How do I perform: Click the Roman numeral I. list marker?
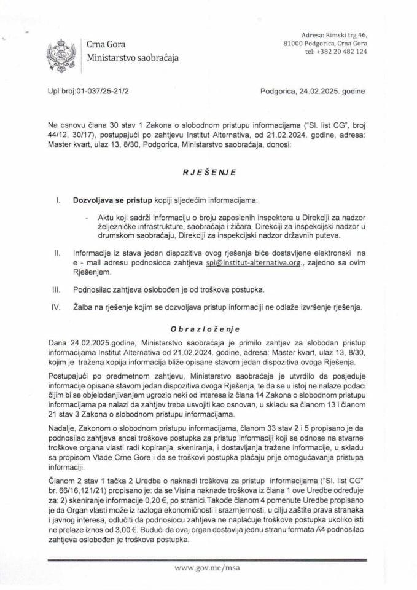click(57, 201)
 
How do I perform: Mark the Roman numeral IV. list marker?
click(57, 306)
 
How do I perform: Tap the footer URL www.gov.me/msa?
click(209, 570)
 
